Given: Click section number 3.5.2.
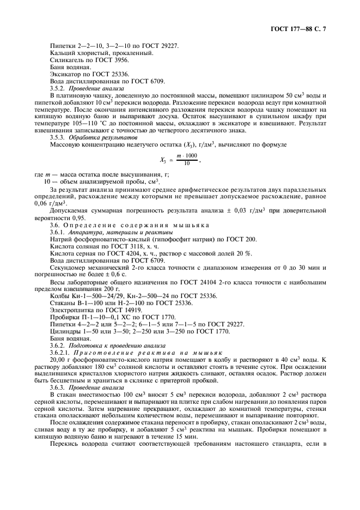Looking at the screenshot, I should coord(59,89).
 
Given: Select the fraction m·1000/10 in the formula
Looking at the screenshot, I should coord(187,160).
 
